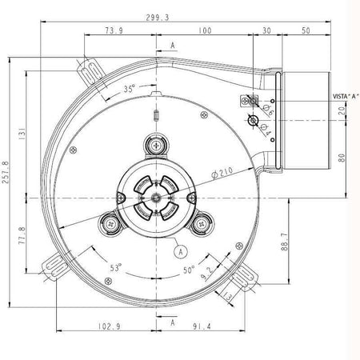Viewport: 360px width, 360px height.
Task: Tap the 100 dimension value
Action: (206, 30)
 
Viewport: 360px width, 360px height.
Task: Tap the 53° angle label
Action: (117, 268)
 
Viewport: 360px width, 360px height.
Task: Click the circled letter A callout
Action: (181, 250)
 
